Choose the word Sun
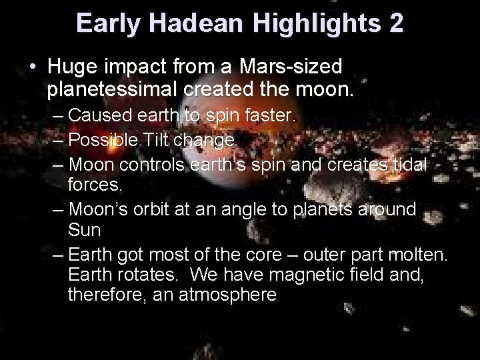(85, 230)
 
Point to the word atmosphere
(227, 294)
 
